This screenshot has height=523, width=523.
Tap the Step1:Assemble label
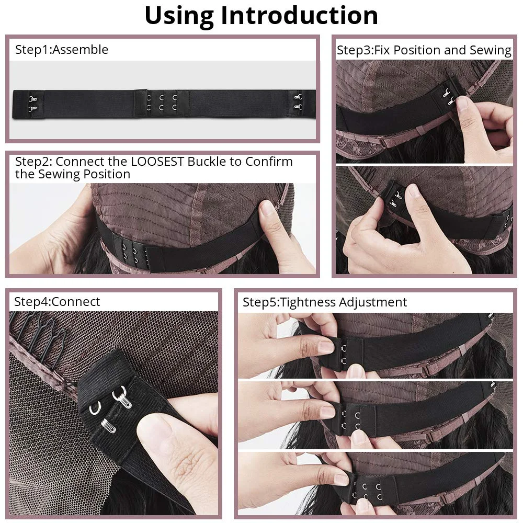click(x=62, y=50)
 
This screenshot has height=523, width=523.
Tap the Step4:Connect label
click(x=57, y=302)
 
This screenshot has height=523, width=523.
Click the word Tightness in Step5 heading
click(x=309, y=302)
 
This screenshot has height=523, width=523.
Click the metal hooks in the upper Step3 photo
click(x=447, y=94)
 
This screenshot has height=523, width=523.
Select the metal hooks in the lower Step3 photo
click(x=397, y=198)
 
